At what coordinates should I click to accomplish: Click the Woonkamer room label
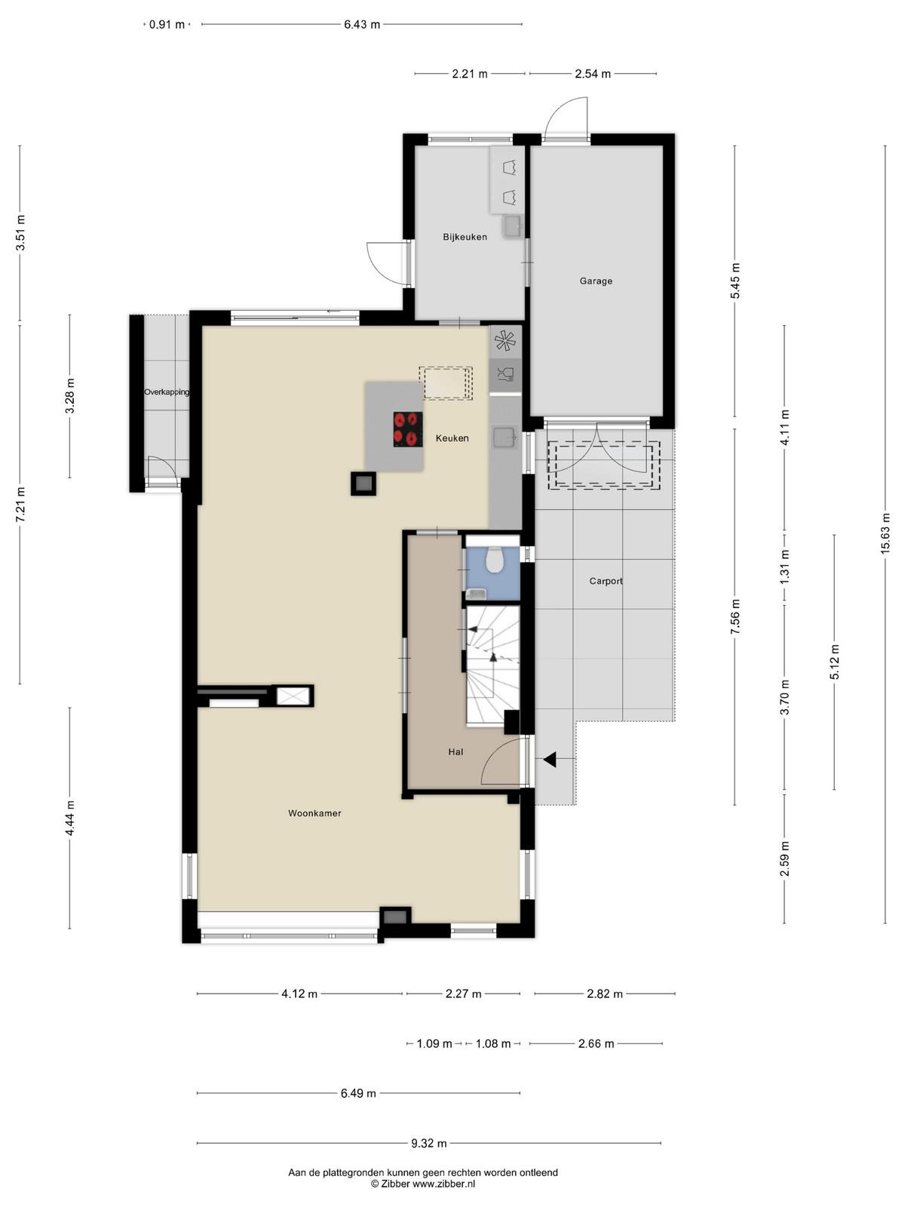[x=314, y=813]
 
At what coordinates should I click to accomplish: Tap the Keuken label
[x=452, y=438]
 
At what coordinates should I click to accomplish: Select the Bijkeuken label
[x=465, y=237]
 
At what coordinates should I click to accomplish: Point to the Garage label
[x=596, y=281]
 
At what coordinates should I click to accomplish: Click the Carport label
[x=606, y=581]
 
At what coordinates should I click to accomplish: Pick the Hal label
[x=456, y=752]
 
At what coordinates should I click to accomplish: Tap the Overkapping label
[x=167, y=392]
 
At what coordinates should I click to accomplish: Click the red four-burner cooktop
[x=408, y=429]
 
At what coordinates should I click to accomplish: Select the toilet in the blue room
[x=495, y=559]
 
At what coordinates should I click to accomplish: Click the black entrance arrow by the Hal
[x=550, y=760]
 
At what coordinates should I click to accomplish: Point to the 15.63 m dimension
[x=885, y=533]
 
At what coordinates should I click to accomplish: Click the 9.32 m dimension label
[x=429, y=1139]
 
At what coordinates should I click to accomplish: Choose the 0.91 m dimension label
[x=167, y=25]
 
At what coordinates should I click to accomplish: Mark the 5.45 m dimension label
[x=735, y=281]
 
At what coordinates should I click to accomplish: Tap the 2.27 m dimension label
[x=463, y=994]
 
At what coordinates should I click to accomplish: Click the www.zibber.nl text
[x=444, y=1184]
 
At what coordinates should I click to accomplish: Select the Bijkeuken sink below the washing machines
[x=512, y=226]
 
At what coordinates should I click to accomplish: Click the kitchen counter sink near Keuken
[x=505, y=438]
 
